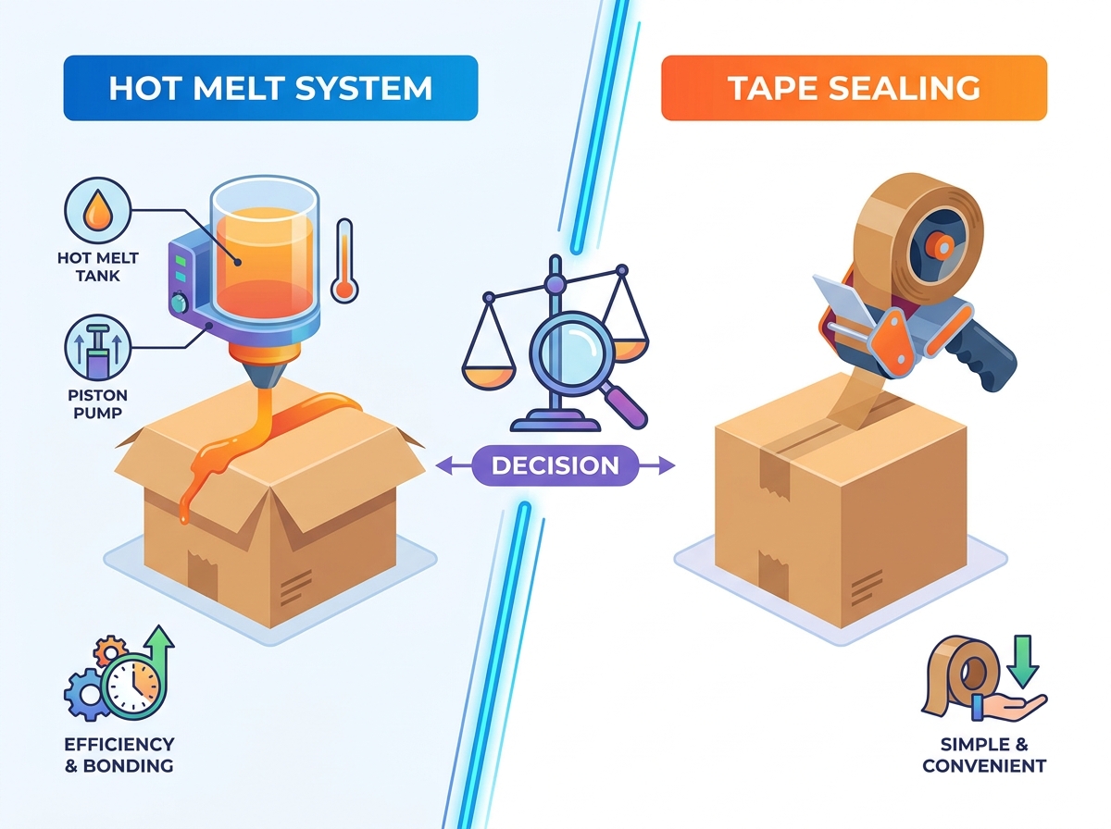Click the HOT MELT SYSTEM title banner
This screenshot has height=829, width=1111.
(270, 88)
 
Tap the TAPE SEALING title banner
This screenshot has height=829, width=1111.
(854, 88)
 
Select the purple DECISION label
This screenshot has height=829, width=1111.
(555, 465)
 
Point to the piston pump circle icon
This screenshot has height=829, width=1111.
(98, 348)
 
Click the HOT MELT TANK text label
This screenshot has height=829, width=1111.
(98, 266)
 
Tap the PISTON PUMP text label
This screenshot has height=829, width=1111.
(98, 403)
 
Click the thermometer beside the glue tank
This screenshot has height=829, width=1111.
(344, 261)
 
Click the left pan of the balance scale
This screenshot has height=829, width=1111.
(489, 375)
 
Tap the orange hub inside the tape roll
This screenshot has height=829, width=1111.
(942, 247)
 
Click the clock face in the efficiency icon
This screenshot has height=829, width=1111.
(133, 687)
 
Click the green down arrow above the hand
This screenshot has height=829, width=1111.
(1023, 662)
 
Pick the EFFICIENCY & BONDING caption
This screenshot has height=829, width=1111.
(119, 755)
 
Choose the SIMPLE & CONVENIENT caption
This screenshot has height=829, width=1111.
(984, 755)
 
